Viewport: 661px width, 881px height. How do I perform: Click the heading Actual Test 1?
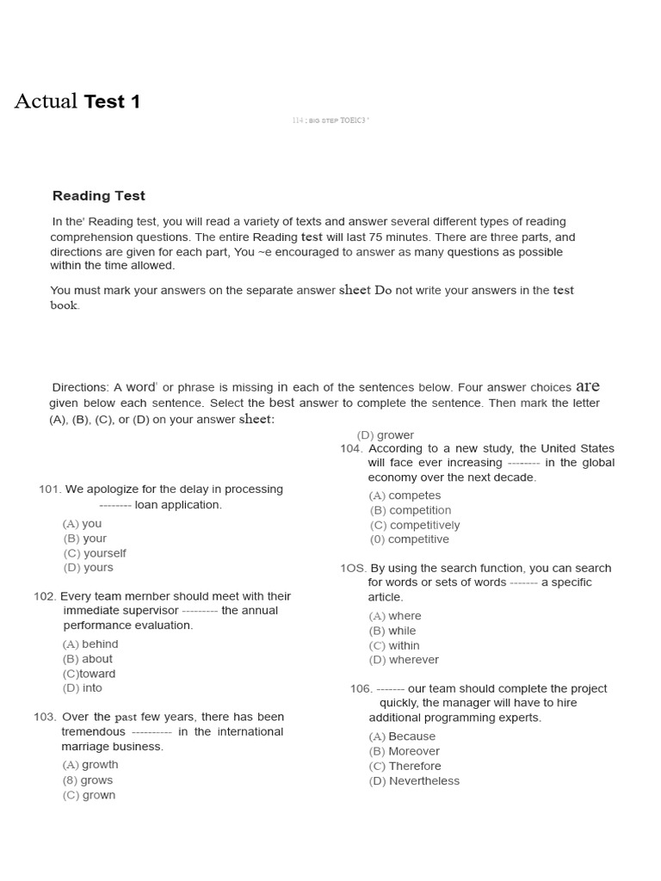[77, 102]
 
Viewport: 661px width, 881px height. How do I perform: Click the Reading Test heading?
[99, 196]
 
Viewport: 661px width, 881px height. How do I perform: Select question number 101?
[50, 490]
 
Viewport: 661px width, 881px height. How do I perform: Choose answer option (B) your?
[84, 539]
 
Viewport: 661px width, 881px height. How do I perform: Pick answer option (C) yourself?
[94, 553]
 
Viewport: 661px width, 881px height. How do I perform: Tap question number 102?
[45, 596]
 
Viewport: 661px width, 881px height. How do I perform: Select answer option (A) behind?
[90, 644]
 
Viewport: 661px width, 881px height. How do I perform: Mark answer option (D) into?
[83, 688]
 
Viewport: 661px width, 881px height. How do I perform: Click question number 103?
[46, 717]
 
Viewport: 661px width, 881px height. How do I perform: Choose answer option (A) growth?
[90, 765]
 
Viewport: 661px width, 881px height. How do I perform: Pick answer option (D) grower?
[386, 435]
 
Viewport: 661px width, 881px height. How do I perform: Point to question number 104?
[352, 448]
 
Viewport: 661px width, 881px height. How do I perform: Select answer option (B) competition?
[411, 510]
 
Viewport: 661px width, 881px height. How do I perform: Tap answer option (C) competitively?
[415, 525]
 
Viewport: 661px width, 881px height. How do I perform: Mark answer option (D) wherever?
[404, 660]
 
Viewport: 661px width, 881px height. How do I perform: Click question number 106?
[361, 688]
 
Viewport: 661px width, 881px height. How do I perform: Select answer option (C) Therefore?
[405, 766]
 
